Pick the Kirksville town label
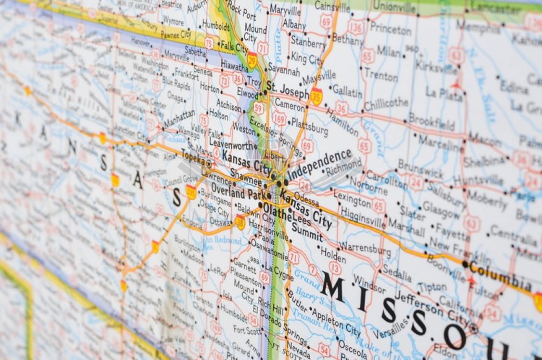pyautogui.click(x=436, y=66)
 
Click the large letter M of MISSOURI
pyautogui.click(x=333, y=286)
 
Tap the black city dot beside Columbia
pyautogui.click(x=465, y=264)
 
